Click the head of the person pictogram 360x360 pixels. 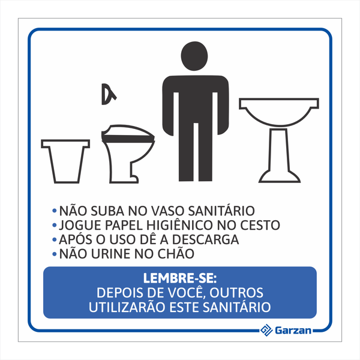pos(194,56)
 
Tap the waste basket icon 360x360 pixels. pos(65,161)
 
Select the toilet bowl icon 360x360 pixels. pos(128,154)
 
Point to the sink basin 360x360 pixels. pos(279,112)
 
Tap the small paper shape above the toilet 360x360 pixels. pos(109,94)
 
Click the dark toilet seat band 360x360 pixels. pos(128,139)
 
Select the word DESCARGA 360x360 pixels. pos(205,239)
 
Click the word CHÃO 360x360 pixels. pos(176,253)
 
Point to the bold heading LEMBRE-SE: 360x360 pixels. pos(180,278)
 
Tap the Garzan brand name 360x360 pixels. pos(293,331)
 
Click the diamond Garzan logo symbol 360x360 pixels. pos(266,330)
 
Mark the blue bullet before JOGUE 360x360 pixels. pos(55,225)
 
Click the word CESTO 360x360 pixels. pos(260,225)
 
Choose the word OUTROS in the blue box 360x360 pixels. pos(236,293)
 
